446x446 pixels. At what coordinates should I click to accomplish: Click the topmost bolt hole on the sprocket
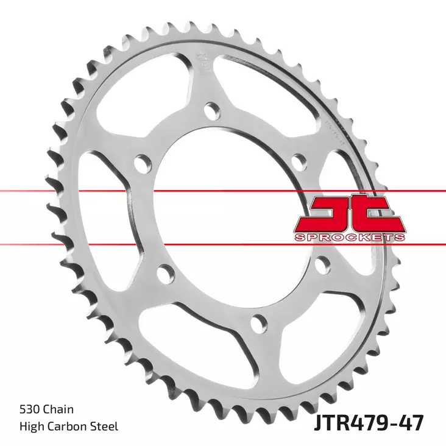(x=211, y=111)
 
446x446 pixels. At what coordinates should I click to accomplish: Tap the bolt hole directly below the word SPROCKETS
(x=322, y=264)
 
